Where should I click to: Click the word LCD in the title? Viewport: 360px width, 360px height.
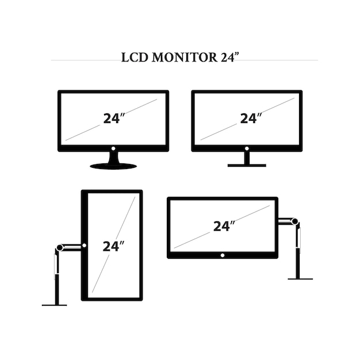tap(134, 58)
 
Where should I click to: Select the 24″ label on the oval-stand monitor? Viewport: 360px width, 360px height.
tap(114, 118)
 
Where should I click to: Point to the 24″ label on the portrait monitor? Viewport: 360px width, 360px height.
tap(113, 246)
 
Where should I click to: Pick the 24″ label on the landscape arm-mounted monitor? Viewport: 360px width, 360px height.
tap(224, 226)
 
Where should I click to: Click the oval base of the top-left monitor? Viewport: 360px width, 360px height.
tap(113, 166)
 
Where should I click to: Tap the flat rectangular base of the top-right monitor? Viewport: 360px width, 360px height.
tap(247, 166)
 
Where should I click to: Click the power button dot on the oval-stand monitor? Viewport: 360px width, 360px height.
tap(113, 148)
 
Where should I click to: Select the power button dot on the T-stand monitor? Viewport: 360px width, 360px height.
tap(247, 148)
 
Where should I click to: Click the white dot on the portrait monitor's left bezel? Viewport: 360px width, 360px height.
tap(84, 246)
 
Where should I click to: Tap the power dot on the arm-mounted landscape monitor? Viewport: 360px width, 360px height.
tap(223, 255)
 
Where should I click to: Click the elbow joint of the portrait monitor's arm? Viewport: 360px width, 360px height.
tap(59, 248)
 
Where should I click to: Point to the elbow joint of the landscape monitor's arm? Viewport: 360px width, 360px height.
tap(295, 221)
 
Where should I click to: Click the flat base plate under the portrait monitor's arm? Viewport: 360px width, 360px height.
tap(54, 305)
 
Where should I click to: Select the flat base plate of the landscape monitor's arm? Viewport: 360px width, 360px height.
tap(300, 279)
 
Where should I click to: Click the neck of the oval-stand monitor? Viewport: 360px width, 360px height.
tap(113, 158)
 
